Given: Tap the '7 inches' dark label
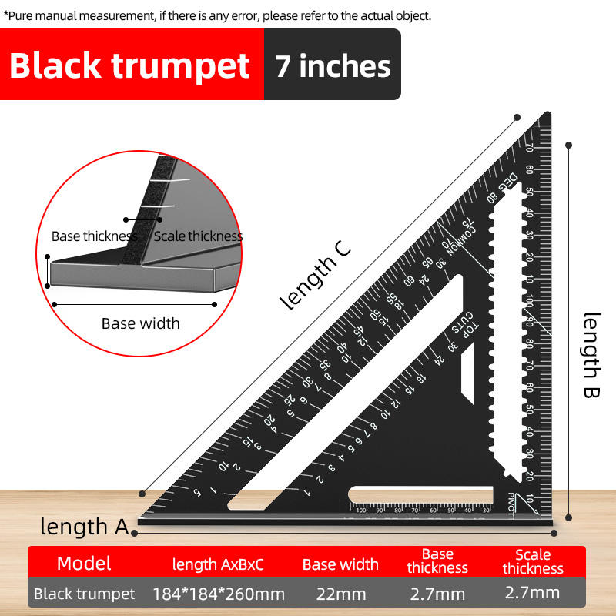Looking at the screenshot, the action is tap(333, 65).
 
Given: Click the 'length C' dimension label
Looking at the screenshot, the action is tap(316, 275).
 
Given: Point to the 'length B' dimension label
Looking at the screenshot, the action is tap(591, 346).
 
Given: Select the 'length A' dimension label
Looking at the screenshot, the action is tap(85, 527).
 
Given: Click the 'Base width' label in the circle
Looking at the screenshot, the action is tap(140, 323).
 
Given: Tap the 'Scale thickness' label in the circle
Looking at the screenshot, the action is tap(198, 236).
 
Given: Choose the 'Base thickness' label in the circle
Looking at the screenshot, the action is tap(95, 236).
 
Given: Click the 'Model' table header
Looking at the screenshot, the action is tap(84, 563).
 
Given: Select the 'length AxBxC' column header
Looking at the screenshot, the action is tap(218, 564).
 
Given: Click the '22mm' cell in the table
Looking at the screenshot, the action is tap(340, 594).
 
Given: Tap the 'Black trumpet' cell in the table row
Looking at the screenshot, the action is tap(85, 594).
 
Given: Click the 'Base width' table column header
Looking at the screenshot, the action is tap(340, 564).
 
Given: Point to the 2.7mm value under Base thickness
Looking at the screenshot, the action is tap(437, 594).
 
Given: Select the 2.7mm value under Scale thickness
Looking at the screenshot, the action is tap(532, 593).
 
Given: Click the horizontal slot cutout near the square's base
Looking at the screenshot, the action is tap(420, 494).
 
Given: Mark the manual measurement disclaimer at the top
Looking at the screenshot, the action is tap(217, 15).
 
